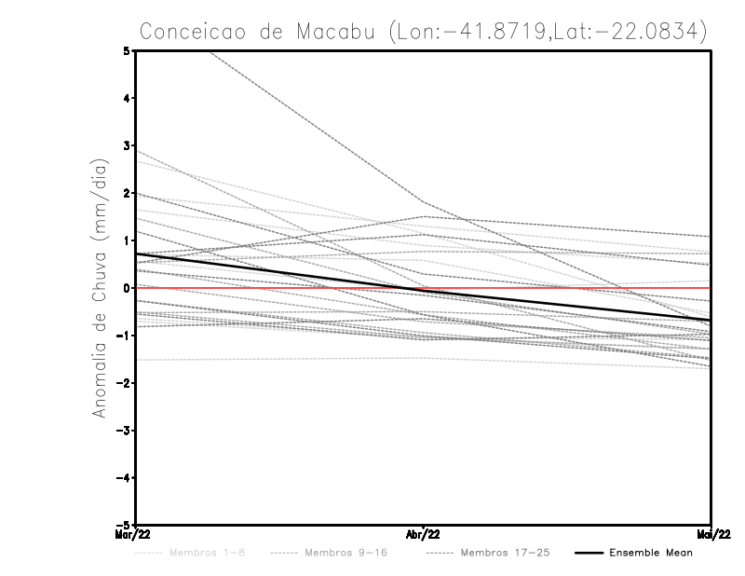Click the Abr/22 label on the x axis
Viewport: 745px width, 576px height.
424,535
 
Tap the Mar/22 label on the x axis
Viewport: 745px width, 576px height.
135,535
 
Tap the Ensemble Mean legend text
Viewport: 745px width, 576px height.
650,553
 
